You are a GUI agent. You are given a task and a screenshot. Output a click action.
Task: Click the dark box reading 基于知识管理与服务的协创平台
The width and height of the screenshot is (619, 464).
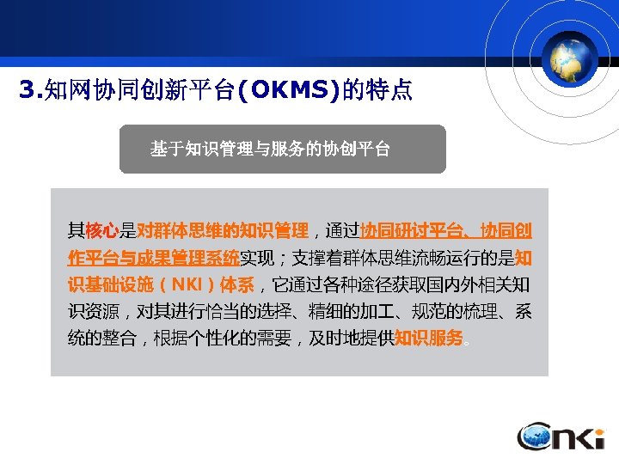click(282, 150)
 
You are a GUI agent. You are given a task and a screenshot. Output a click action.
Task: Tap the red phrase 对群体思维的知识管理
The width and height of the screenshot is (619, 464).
click(222, 231)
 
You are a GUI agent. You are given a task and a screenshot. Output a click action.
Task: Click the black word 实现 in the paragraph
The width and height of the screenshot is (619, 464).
click(256, 258)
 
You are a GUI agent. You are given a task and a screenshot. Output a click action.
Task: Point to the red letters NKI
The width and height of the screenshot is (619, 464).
click(191, 284)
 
